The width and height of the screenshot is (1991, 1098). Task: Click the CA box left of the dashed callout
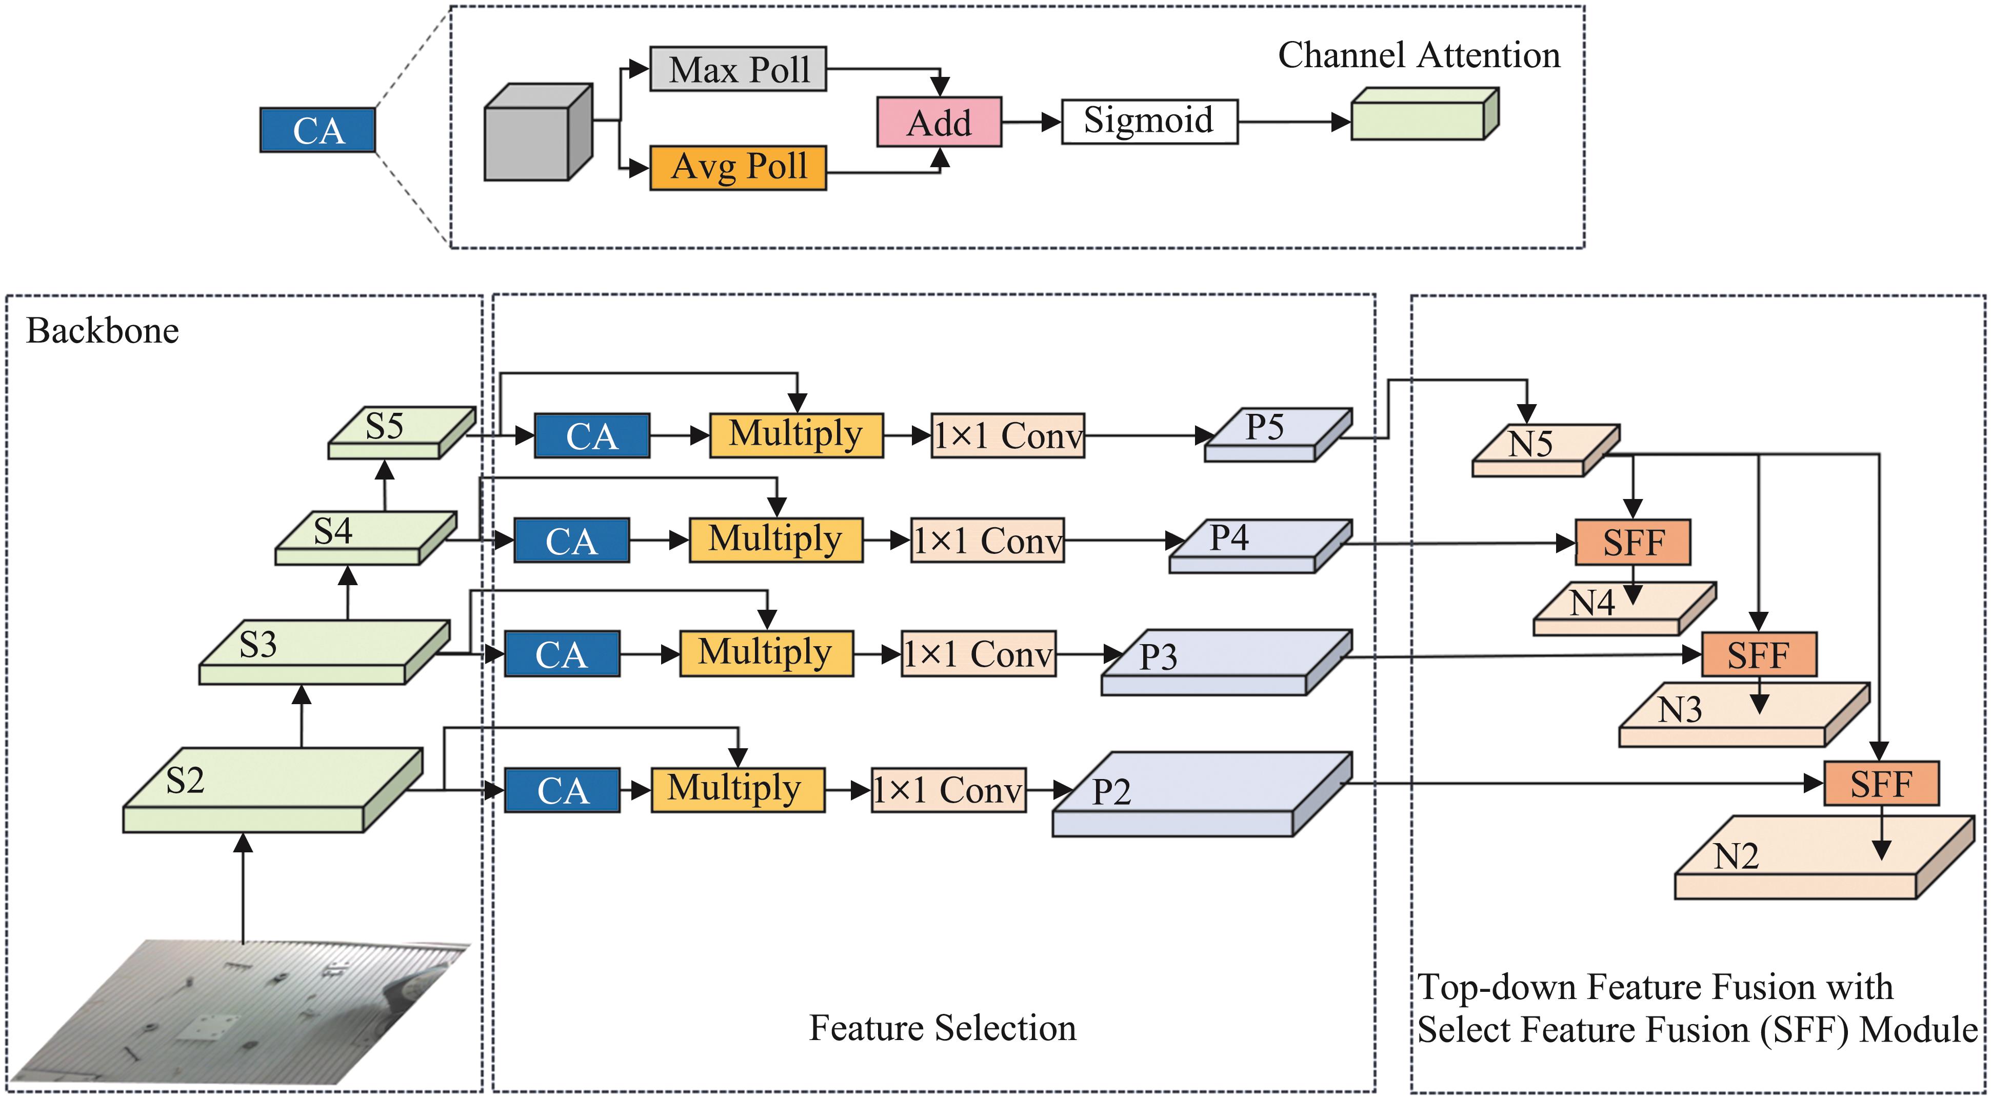pos(317,130)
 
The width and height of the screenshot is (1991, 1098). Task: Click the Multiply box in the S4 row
pos(775,540)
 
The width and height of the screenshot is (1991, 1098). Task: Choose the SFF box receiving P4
pos(1632,543)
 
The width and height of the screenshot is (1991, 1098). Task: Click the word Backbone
pos(103,331)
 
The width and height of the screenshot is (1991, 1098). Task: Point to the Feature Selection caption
pos(942,1028)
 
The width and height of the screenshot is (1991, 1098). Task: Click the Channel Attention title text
pos(1418,55)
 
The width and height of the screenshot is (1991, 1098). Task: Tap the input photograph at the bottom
pos(240,1008)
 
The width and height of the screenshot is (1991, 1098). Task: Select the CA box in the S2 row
pos(562,790)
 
